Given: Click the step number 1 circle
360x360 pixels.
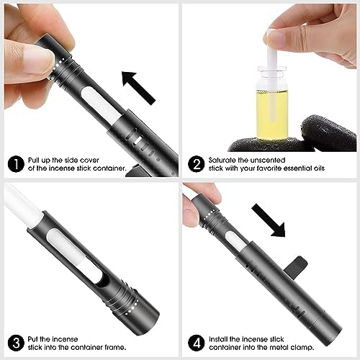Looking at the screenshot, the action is tap(16, 164).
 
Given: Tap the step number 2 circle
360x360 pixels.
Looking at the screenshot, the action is tap(197, 164).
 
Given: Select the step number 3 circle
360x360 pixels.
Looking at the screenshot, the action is tap(16, 343).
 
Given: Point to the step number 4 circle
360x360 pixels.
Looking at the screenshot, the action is tap(197, 343).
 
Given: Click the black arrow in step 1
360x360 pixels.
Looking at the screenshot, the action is tap(138, 88).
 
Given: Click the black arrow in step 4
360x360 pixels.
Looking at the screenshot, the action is tap(269, 220).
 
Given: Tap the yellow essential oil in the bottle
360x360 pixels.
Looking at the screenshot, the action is tap(272, 114).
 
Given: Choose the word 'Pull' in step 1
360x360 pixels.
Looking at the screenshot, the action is tap(34, 160).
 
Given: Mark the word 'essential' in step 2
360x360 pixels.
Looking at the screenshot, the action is tap(297, 168).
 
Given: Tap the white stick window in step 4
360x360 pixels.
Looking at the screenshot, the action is tap(236, 240).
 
